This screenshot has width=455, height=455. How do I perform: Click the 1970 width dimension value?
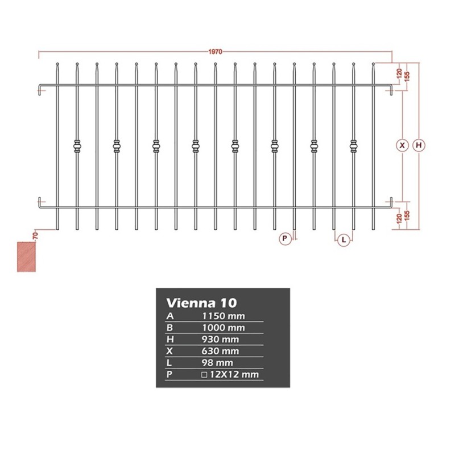pos(215,52)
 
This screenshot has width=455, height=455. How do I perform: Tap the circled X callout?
pos(402,145)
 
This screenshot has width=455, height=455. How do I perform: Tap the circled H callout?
pos(419,145)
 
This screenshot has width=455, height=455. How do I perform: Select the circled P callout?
pos(285,238)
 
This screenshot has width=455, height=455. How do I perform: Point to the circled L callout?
pos(344,240)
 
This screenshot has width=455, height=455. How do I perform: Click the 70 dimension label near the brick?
pos(35,235)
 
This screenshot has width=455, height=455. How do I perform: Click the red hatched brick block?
pos(26,257)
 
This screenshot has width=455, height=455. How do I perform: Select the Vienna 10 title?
pos(202,303)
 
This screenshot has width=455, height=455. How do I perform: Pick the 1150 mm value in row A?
pos(223,316)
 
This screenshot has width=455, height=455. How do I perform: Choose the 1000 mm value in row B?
pos(223,328)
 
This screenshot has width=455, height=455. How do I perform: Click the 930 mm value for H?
pos(220,340)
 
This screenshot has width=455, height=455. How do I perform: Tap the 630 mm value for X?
pos(220,351)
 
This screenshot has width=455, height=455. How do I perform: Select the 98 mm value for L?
pos(217,363)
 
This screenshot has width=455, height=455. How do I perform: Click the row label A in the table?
pos(169,316)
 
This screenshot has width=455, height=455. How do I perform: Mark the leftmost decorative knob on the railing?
pos(77,146)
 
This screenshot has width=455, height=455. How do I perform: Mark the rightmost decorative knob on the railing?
pos(353,146)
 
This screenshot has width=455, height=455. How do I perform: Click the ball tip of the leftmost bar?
pos(57,64)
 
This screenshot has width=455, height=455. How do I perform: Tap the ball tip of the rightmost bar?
pos(373,64)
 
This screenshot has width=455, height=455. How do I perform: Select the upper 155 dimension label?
pos(407,77)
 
